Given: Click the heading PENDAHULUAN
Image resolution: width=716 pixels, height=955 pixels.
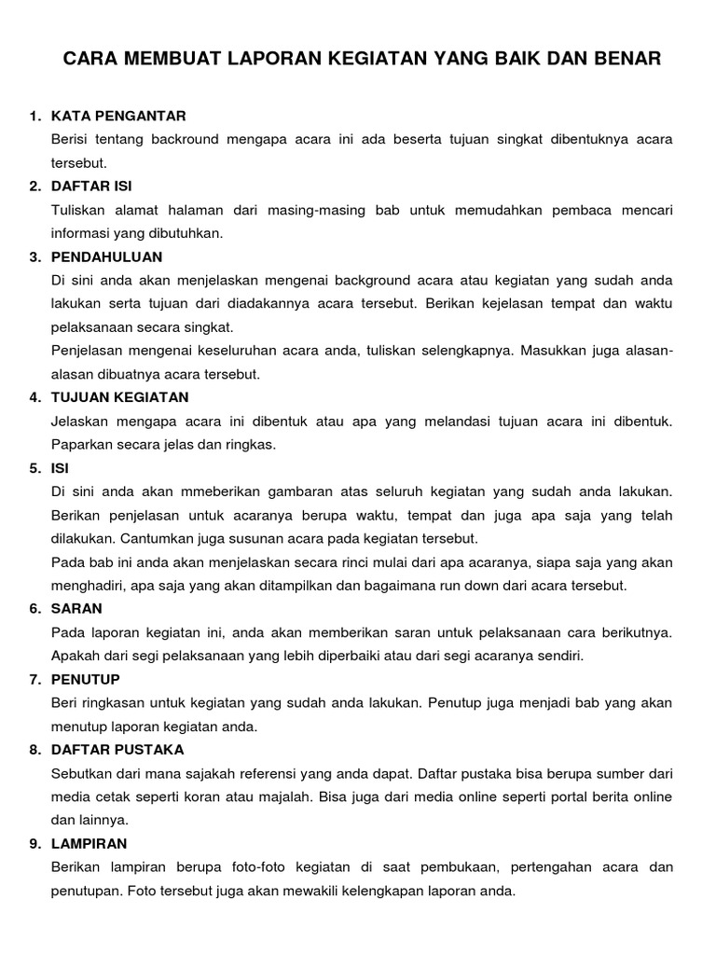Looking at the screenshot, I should [107, 256].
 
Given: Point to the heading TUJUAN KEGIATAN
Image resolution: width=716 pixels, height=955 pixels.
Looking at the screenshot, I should [120, 397].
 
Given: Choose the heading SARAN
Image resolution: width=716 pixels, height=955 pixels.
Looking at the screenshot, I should [77, 609].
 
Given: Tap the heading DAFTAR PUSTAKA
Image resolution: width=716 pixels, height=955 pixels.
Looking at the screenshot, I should [117, 750].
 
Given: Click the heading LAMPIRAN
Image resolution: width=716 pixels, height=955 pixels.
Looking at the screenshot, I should [89, 844].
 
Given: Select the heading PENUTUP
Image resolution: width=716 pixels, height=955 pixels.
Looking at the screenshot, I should [86, 679].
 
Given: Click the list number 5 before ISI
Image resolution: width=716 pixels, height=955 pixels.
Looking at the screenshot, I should [34, 468].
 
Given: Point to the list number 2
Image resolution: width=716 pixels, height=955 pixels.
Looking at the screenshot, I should [34, 187].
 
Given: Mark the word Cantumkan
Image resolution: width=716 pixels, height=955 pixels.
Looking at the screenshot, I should [154, 538].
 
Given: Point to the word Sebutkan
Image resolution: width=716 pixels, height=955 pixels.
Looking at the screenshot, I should [83, 773].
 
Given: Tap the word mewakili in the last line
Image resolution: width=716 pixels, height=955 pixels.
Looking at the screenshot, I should [354, 891].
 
